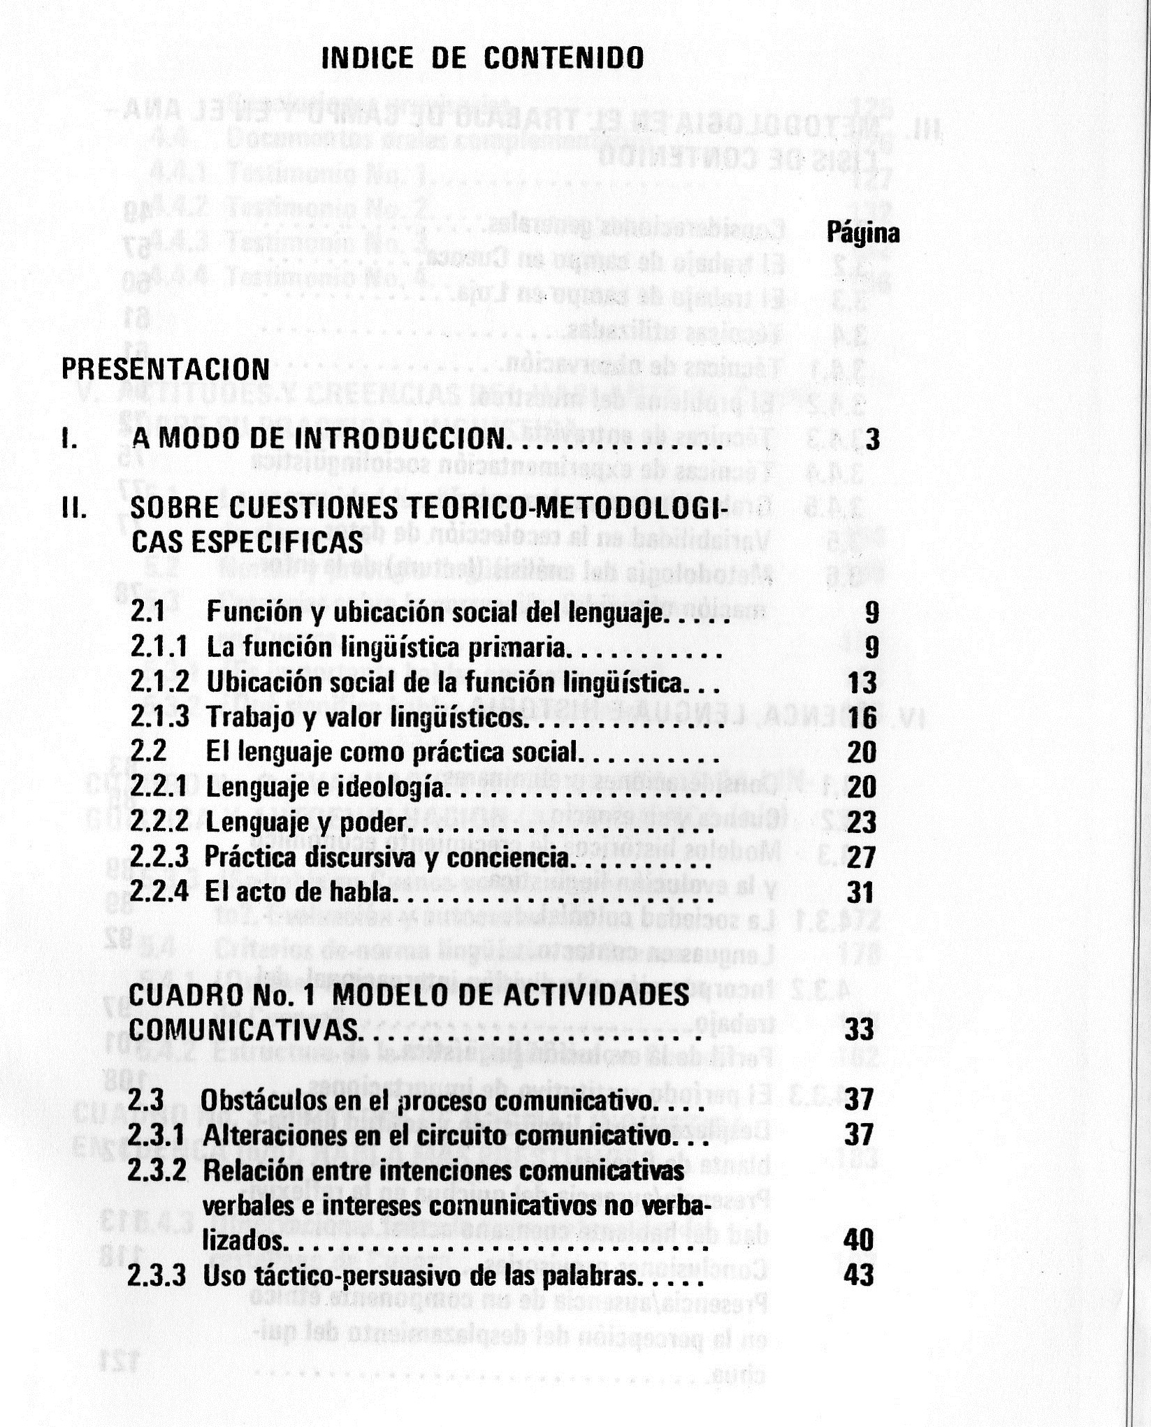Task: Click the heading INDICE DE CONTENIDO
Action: click(x=482, y=58)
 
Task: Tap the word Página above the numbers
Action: click(x=862, y=233)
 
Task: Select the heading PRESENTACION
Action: click(x=166, y=369)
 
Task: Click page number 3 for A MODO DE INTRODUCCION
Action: click(x=872, y=440)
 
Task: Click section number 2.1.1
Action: click(x=159, y=647)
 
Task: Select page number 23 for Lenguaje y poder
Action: click(x=861, y=823)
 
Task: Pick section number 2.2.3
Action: click(x=159, y=857)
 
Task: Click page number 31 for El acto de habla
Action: click(x=861, y=892)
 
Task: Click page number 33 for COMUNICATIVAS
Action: click(x=860, y=1029)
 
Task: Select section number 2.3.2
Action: click(x=157, y=1171)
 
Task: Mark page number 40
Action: click(x=858, y=1240)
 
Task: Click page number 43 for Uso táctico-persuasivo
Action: click(x=858, y=1275)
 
